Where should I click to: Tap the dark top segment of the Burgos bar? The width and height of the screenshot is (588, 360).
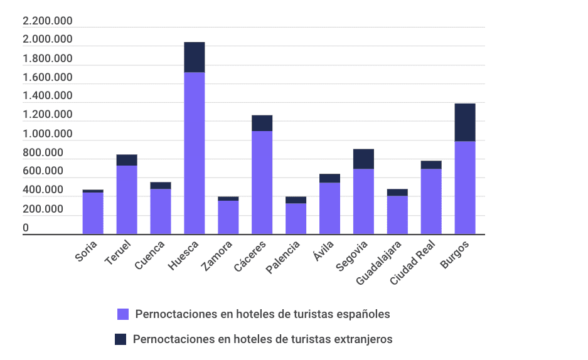tap(465, 122)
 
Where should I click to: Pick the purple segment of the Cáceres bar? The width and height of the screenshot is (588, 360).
tap(262, 182)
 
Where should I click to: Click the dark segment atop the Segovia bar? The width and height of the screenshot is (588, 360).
tap(363, 159)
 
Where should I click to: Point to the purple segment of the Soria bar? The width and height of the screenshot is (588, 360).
tap(93, 213)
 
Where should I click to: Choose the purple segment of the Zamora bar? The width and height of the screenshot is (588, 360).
tap(228, 217)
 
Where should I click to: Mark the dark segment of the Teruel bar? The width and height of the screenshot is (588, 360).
tap(127, 160)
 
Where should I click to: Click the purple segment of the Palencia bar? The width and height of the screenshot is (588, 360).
tap(296, 218)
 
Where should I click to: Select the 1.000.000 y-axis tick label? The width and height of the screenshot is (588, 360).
tap(48, 134)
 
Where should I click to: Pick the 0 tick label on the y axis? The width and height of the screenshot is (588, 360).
tap(26, 228)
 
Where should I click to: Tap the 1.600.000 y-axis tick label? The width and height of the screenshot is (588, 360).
tap(48, 78)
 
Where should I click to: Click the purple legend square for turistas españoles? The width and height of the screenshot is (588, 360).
tap(123, 314)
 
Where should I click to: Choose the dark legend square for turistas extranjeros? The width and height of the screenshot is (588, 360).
tap(120, 339)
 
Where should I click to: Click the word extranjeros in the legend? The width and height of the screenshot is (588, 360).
tap(363, 339)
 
